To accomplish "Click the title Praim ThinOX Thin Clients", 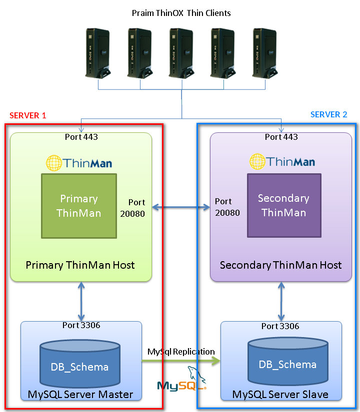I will [x=181, y=13].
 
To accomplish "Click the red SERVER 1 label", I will [x=28, y=115].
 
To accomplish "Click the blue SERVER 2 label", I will [x=328, y=114].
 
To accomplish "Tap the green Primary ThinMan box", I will [x=79, y=206].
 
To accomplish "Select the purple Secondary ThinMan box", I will [x=284, y=205].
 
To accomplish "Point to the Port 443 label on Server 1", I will [x=81, y=136].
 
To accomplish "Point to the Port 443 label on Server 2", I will [x=281, y=136].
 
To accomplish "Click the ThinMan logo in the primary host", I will [x=79, y=162].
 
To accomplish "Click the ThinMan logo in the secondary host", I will [x=282, y=161].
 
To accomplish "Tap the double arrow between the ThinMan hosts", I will [x=181, y=206].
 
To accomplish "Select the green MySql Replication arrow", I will [x=181, y=361].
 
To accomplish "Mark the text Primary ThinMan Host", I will [x=80, y=265].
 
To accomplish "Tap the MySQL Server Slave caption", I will [x=280, y=394].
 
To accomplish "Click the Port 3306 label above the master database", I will [x=81, y=325].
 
